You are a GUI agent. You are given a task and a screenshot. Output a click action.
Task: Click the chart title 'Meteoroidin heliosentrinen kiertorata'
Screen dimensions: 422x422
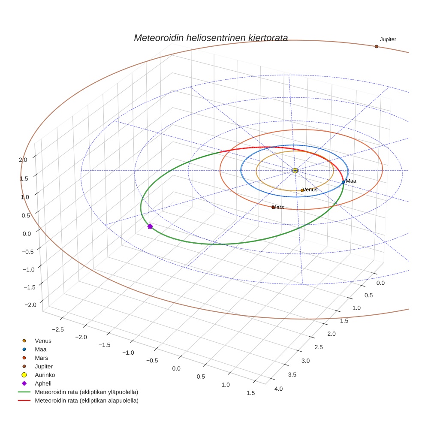[x=211, y=38]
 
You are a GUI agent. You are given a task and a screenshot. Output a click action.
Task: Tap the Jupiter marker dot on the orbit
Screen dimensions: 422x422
[x=376, y=46]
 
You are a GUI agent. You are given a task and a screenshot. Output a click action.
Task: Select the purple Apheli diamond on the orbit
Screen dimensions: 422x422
[x=150, y=226]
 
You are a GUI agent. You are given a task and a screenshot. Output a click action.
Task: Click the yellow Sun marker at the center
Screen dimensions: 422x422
[x=295, y=171]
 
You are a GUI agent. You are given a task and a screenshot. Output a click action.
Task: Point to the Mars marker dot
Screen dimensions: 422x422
[x=273, y=207]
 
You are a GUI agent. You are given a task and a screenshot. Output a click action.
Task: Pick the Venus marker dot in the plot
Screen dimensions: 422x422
[x=302, y=190]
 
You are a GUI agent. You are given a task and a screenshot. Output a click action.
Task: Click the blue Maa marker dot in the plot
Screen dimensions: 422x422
[x=343, y=182]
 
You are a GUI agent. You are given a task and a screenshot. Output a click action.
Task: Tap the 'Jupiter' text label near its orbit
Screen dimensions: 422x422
[x=388, y=39]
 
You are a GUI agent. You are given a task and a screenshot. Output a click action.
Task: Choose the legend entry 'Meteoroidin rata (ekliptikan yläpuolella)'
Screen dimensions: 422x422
[x=86, y=392]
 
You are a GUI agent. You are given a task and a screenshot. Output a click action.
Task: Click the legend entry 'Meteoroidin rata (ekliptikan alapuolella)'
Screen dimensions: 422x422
[x=86, y=401]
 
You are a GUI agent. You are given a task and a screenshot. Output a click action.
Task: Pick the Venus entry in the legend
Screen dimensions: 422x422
[x=43, y=341]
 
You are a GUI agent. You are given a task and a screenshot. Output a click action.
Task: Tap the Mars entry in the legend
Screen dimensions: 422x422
[x=41, y=358]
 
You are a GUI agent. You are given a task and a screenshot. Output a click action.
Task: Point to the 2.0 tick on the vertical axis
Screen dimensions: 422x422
[x=23, y=160]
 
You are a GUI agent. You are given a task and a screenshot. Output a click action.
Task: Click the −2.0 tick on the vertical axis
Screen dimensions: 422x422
[x=31, y=304]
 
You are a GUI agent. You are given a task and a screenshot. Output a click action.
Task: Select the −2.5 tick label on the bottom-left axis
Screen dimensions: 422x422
[x=57, y=329]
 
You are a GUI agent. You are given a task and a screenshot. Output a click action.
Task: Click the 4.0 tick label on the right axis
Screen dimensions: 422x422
[x=278, y=389]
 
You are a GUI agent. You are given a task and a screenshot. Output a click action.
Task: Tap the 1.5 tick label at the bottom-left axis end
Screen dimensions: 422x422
[x=250, y=393]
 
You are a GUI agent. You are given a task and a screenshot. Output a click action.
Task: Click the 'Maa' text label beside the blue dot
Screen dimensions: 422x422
[x=351, y=181]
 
